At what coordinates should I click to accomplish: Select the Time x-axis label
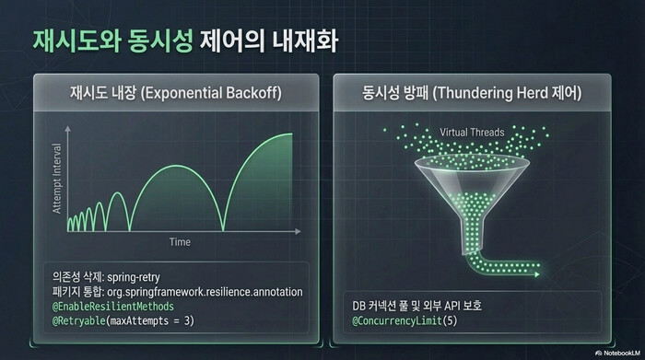point(179,241)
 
